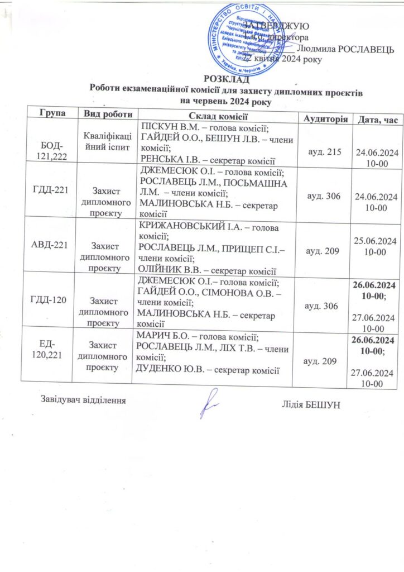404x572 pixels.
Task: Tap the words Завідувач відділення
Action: click(x=81, y=400)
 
